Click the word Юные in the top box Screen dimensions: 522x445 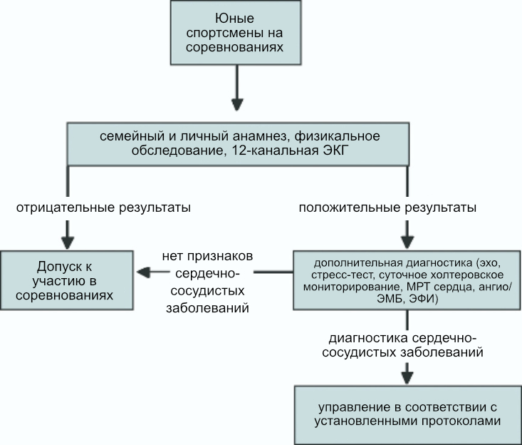(235, 18)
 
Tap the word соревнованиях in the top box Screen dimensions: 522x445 (235, 47)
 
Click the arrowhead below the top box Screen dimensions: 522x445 (237, 105)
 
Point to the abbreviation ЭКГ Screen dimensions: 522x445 (337, 150)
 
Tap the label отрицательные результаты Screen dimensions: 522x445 (103, 208)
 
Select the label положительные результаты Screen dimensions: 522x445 (387, 208)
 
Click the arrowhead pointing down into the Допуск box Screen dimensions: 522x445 (68, 242)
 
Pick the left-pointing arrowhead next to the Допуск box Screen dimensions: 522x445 (143, 272)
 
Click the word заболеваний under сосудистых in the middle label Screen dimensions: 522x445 (207, 307)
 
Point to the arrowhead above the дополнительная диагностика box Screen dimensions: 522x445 (407, 242)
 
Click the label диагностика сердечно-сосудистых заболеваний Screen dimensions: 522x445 (403, 345)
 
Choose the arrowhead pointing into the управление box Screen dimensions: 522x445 (407, 378)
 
